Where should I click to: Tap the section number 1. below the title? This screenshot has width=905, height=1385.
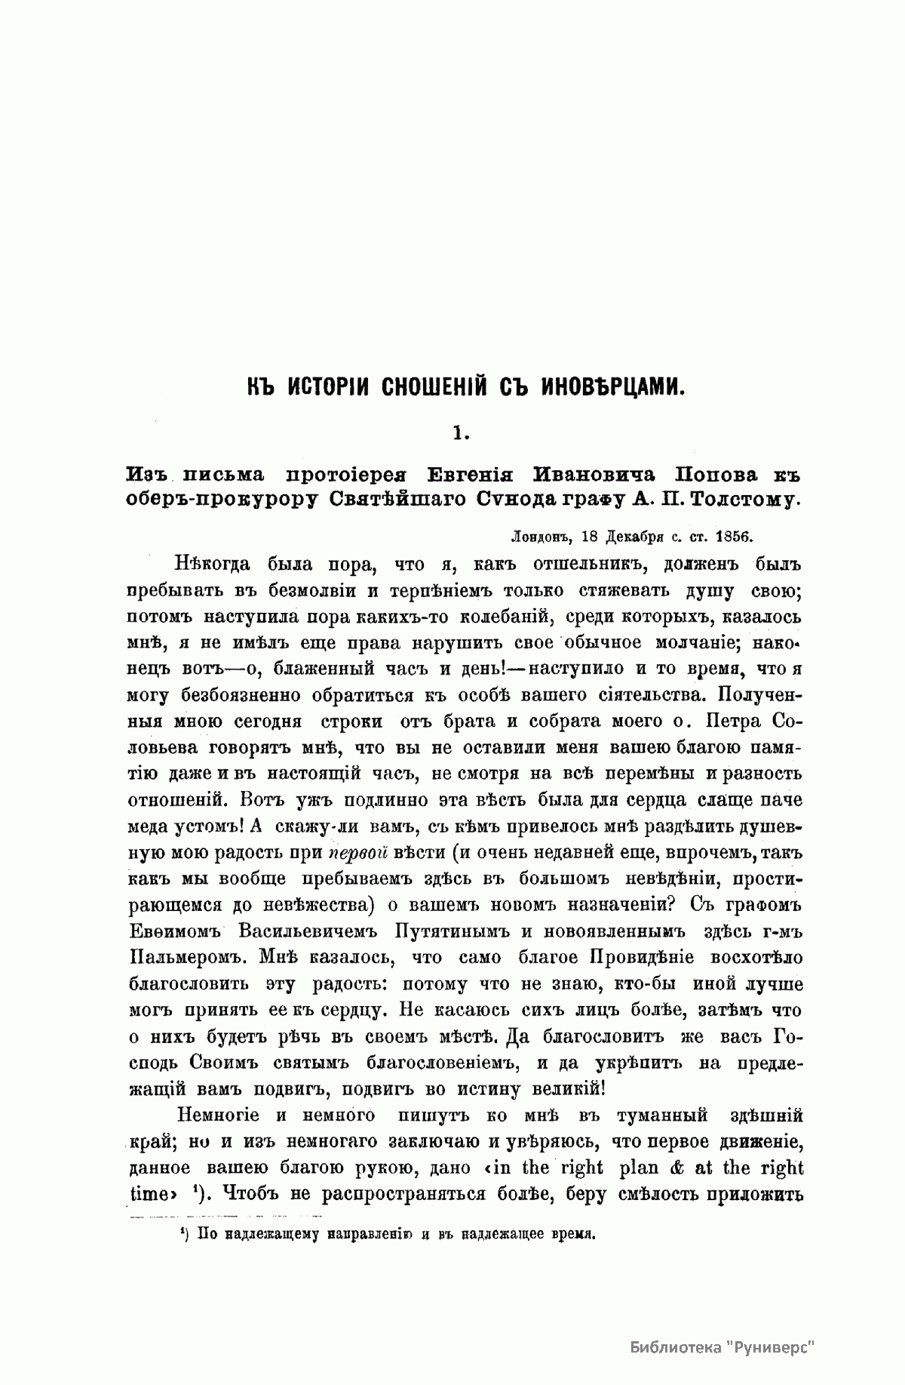461,432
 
